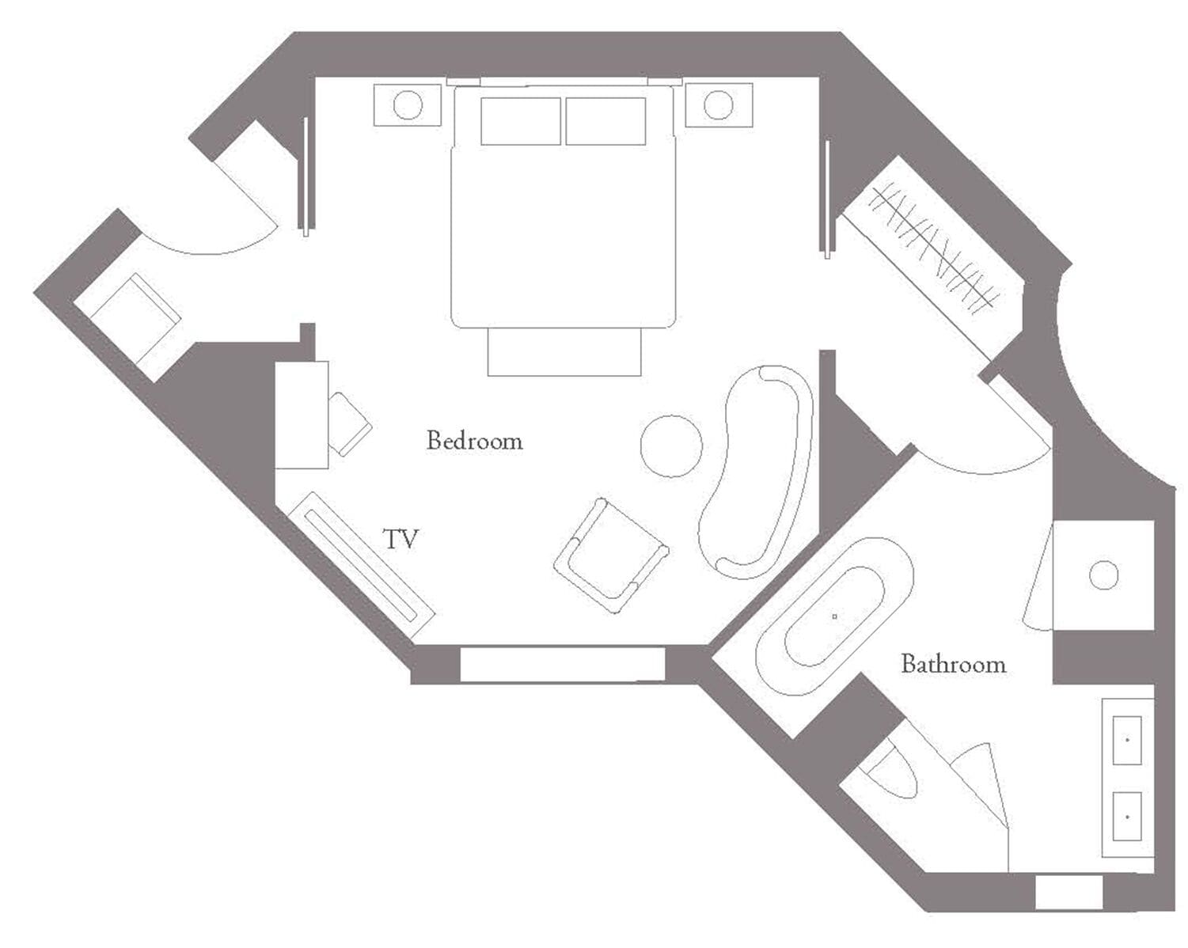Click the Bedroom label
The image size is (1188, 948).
coord(474,441)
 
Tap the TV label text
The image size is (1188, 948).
coord(400,540)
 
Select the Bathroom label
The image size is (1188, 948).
coord(953,664)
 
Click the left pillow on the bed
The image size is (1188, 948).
coord(520,121)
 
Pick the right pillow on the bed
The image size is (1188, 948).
coord(605,121)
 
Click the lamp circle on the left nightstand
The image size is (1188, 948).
coord(408,105)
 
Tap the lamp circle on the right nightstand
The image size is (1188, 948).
coord(718,105)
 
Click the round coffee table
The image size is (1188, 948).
coord(671,446)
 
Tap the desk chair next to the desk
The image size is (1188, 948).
coord(348,423)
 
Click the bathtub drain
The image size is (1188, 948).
coord(834,616)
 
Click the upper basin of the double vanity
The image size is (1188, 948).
coord(1127,740)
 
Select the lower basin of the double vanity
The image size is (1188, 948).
coord(1127,817)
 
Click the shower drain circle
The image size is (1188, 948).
coord(1103,575)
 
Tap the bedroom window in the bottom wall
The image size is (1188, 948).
coord(562,665)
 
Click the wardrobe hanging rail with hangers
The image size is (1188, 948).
coord(932,246)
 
